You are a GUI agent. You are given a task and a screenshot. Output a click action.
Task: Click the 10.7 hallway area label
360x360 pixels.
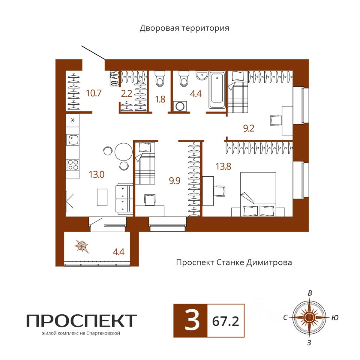(94, 93)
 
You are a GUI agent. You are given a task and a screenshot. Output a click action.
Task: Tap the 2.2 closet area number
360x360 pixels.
(126, 94)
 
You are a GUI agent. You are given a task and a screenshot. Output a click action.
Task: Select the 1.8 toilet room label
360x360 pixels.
(160, 99)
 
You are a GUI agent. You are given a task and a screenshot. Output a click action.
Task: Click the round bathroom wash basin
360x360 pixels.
(202, 75)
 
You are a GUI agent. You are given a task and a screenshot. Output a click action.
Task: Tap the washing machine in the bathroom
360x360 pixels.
(180, 106)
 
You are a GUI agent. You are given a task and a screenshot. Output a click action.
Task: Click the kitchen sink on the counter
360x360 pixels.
(72, 140)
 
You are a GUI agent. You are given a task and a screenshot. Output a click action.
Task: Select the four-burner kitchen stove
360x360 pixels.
(73, 165)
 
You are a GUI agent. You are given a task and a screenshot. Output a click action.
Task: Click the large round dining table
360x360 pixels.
(123, 151)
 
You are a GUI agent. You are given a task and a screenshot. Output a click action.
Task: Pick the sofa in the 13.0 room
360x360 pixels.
(124, 199)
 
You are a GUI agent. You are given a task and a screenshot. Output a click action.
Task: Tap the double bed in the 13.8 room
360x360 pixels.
(258, 194)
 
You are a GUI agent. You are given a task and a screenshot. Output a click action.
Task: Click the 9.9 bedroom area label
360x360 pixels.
(174, 181)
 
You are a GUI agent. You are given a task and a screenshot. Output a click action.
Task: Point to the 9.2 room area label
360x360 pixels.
(249, 128)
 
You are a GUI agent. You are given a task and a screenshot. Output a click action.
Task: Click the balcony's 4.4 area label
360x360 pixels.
(119, 252)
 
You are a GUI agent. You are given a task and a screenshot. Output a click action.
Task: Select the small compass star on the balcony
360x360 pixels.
(81, 246)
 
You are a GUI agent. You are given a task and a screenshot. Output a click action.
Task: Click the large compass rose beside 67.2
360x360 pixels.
(309, 318)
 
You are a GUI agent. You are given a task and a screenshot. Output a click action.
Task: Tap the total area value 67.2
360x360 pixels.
(225, 321)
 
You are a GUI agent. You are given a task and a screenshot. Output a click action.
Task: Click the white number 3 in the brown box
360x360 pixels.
(192, 321)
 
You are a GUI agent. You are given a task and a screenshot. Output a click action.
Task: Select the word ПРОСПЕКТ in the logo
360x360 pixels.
(81, 321)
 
